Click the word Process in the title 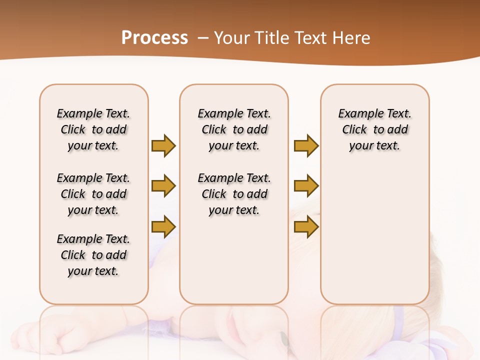click(x=154, y=38)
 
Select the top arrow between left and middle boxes click(x=163, y=145)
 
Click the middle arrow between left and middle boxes click(x=163, y=186)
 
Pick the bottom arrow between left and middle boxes click(x=163, y=226)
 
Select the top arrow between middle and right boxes click(x=306, y=145)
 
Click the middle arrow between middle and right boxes click(x=306, y=186)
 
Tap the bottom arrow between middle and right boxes click(x=306, y=226)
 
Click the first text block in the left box click(x=93, y=129)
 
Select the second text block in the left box click(x=93, y=194)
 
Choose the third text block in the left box click(x=93, y=255)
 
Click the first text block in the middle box click(x=234, y=129)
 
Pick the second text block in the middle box click(x=234, y=194)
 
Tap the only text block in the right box click(x=374, y=129)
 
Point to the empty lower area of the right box click(x=374, y=235)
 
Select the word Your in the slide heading click(x=232, y=38)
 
